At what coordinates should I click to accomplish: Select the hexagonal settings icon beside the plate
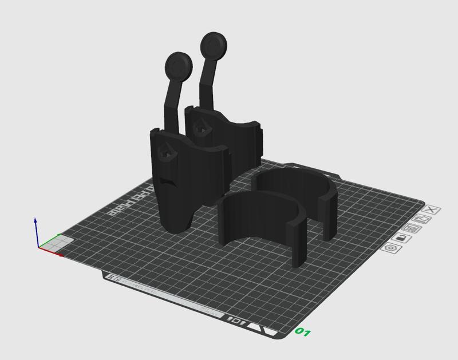pyautogui.click(x=392, y=248)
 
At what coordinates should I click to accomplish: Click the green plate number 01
pyautogui.click(x=303, y=332)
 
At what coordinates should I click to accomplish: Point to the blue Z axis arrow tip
pyautogui.click(x=35, y=220)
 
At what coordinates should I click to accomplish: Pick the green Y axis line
pyautogui.click(x=50, y=240)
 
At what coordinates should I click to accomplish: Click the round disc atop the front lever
pyautogui.click(x=178, y=66)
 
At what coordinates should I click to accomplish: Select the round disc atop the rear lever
pyautogui.click(x=213, y=45)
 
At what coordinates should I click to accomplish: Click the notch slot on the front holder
pyautogui.click(x=167, y=183)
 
